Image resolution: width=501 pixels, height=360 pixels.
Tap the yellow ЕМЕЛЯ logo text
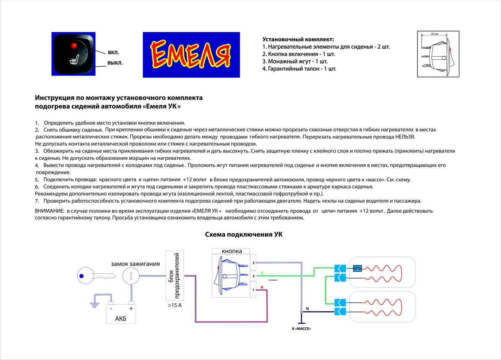pyautogui.click(x=191, y=55)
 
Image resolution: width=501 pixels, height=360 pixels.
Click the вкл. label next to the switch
pyautogui.click(x=113, y=52)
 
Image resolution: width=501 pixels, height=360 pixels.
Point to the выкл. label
pyautogui.click(x=115, y=63)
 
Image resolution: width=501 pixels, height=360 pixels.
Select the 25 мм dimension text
pyautogui.click(x=434, y=34)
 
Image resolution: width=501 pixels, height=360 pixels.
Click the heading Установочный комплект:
pyautogui.click(x=298, y=39)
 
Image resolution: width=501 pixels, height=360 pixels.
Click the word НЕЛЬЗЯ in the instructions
pyautogui.click(x=405, y=137)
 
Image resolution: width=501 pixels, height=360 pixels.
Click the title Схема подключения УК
pyautogui.click(x=244, y=234)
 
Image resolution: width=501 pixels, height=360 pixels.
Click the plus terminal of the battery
pyautogui.click(x=131, y=308)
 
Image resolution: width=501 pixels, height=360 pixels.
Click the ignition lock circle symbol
pyautogui.click(x=131, y=276)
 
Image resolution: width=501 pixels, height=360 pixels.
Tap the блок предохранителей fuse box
pyautogui.click(x=175, y=275)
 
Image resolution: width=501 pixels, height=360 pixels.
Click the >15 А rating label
pyautogui.click(x=175, y=305)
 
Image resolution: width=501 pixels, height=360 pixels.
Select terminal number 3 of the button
pyautogui.click(x=253, y=263)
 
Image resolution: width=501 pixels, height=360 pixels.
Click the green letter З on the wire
pyautogui.click(x=262, y=273)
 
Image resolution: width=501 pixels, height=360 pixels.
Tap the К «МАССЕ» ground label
pyautogui.click(x=301, y=329)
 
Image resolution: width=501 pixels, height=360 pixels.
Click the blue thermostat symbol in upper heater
pyautogui.click(x=358, y=268)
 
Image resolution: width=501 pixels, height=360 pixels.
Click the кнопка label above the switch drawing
pyautogui.click(x=232, y=251)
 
